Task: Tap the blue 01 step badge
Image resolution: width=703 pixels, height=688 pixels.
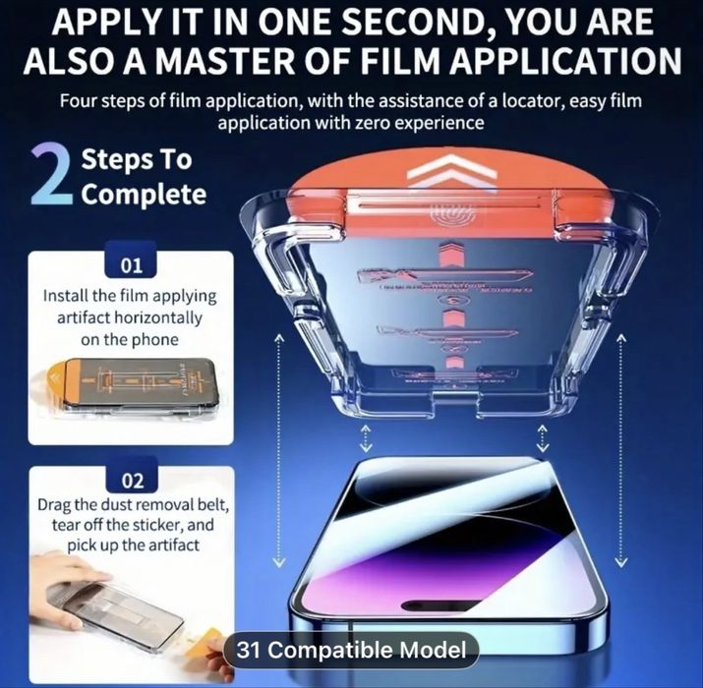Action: [x=131, y=265]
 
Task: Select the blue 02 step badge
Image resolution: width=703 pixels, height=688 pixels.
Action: [x=131, y=481]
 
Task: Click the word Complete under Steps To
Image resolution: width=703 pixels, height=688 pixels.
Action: [x=144, y=194]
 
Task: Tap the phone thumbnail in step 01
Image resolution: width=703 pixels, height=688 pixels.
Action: [x=128, y=391]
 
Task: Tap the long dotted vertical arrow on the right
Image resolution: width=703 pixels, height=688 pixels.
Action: [x=620, y=447]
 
